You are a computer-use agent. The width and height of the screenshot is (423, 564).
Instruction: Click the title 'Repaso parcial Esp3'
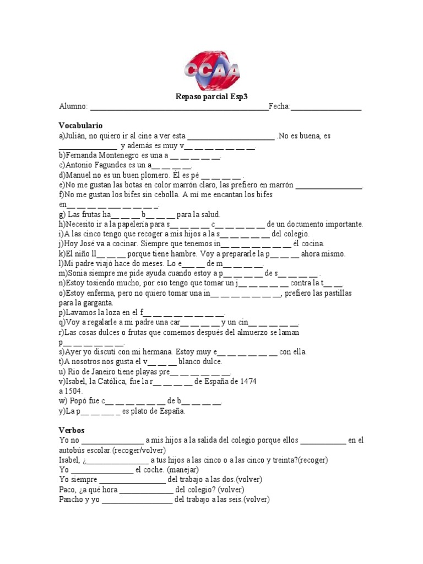click(x=211, y=96)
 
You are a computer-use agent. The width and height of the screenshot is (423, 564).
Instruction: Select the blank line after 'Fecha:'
click(x=326, y=108)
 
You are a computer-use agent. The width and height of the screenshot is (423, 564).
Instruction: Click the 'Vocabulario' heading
click(x=80, y=126)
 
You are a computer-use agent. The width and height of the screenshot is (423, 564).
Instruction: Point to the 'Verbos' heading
click(x=72, y=430)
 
